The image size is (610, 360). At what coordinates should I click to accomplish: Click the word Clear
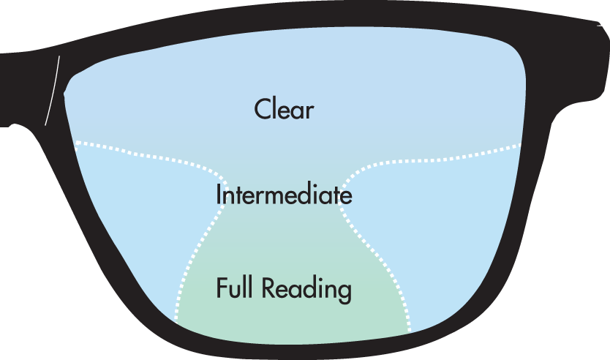pyautogui.click(x=284, y=110)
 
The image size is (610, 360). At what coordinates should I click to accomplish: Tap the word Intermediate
pyautogui.click(x=284, y=195)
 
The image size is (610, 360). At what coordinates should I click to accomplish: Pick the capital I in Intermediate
pyautogui.click(x=219, y=195)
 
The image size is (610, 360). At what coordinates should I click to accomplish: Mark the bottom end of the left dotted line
pyautogui.click(x=176, y=320)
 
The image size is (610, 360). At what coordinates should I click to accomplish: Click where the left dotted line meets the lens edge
pyautogui.click(x=75, y=142)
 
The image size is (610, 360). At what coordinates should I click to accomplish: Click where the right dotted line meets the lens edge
pyautogui.click(x=521, y=145)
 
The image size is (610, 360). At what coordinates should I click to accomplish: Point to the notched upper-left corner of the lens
pyautogui.click(x=67, y=90)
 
